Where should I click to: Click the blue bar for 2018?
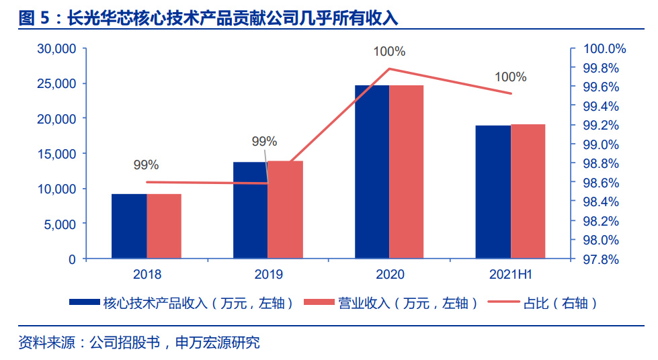click(129, 226)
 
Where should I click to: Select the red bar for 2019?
click(286, 210)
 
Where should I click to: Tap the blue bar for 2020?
click(372, 172)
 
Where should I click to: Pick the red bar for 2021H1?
click(528, 191)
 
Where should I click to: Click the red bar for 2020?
click(407, 172)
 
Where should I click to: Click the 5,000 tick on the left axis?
click(58, 224)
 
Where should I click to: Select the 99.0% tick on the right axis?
click(600, 144)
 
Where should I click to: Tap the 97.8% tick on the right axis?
click(600, 259)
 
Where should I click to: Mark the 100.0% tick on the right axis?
click(602, 49)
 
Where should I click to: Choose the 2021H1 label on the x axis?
click(510, 275)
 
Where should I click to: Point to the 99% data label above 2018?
click(146, 165)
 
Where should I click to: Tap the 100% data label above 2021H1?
click(511, 77)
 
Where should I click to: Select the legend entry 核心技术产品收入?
click(181, 304)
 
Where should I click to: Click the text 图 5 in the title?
click(36, 19)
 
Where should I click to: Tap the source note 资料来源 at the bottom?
click(44, 343)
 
